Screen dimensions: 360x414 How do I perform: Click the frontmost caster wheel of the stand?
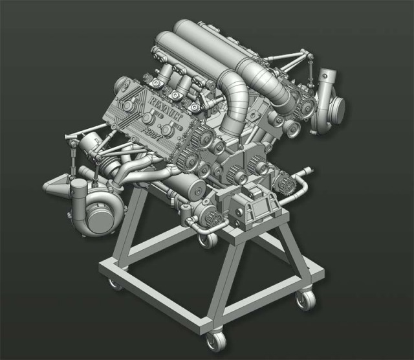point(213,341)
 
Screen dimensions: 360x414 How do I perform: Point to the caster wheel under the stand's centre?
point(208,240)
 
